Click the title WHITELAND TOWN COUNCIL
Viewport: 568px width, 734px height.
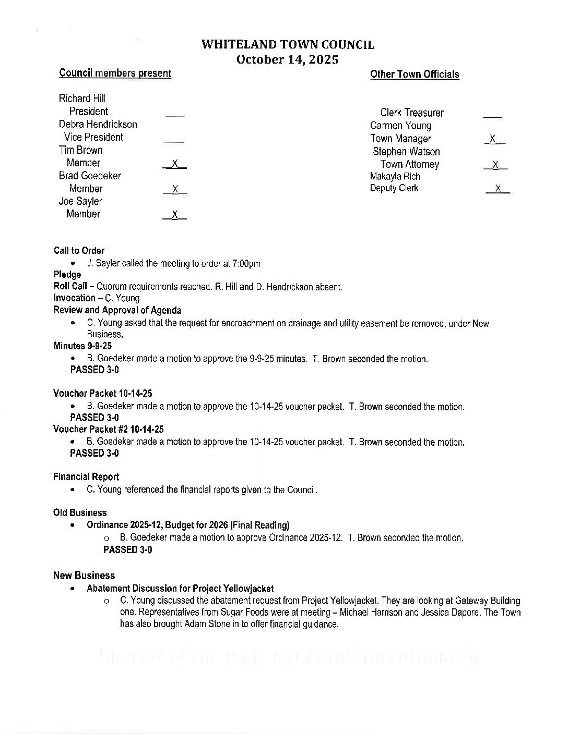point(288,45)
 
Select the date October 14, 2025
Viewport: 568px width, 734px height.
point(288,59)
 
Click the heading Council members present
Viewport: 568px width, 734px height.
point(115,74)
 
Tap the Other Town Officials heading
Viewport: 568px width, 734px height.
point(415,75)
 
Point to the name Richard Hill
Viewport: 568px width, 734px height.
point(82,99)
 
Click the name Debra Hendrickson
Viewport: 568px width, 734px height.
point(98,124)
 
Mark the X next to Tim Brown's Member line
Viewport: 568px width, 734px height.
point(175,164)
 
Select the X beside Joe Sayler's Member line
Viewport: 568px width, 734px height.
point(175,215)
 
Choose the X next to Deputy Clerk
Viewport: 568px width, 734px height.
point(498,188)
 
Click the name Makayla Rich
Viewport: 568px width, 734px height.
point(395,176)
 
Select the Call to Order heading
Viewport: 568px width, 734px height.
point(79,251)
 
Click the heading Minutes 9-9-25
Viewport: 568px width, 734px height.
point(82,346)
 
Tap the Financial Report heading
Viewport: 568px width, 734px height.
point(86,477)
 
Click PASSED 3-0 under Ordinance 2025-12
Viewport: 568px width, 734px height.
point(127,550)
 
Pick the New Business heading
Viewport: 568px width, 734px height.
point(84,576)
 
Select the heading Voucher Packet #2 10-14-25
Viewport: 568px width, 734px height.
point(108,430)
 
